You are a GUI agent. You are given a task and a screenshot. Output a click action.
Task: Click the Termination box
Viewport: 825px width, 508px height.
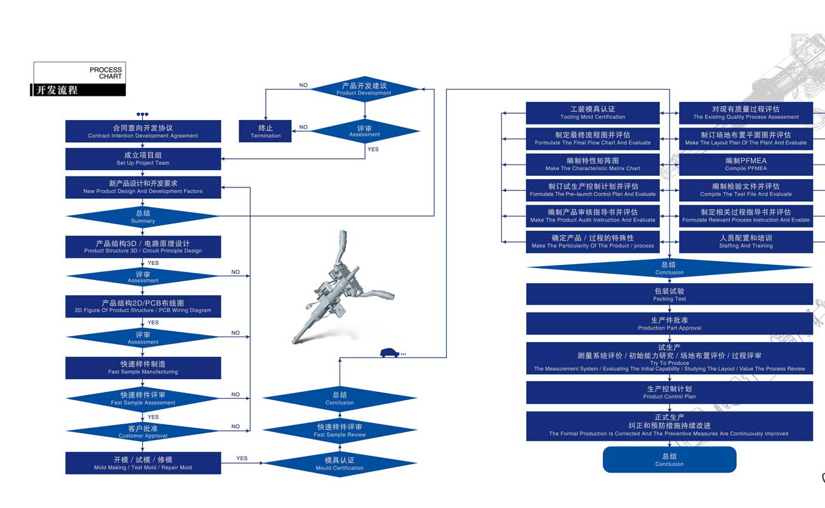[265, 131]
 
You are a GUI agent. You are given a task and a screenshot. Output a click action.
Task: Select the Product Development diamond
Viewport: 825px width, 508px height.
[364, 89]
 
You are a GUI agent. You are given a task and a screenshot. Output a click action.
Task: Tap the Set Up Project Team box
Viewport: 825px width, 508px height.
[143, 159]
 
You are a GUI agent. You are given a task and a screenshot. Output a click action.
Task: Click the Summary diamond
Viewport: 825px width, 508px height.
[143, 217]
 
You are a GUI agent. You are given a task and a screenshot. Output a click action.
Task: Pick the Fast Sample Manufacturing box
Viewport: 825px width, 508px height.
[143, 368]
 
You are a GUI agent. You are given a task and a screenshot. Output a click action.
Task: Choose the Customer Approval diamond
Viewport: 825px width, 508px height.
[143, 432]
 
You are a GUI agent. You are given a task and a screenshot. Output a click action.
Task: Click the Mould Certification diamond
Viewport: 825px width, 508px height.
[340, 464]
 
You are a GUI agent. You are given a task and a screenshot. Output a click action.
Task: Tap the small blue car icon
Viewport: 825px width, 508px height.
[390, 353]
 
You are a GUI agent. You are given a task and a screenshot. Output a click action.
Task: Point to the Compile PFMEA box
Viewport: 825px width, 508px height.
[746, 164]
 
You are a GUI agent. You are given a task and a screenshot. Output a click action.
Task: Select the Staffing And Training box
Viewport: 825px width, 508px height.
[746, 242]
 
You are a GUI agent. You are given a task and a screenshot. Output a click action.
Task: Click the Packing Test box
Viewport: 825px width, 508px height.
[670, 295]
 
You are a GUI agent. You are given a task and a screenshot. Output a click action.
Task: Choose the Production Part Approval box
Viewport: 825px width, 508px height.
[670, 324]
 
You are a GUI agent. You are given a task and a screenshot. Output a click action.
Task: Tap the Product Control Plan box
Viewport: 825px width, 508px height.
[670, 392]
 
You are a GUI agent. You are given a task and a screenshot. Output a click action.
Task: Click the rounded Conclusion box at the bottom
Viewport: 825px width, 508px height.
[670, 460]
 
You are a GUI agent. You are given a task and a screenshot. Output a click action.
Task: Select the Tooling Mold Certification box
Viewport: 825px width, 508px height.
[593, 113]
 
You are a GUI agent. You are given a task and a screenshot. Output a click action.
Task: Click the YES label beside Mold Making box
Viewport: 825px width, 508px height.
[242, 458]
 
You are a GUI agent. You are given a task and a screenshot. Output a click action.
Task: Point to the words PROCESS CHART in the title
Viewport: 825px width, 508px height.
[105, 73]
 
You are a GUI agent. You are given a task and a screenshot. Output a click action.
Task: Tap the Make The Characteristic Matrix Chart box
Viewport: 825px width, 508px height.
[593, 164]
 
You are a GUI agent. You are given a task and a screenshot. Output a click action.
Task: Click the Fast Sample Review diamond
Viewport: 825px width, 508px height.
[340, 431]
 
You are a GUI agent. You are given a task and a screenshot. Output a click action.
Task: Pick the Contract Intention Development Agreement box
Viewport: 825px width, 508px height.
[143, 131]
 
